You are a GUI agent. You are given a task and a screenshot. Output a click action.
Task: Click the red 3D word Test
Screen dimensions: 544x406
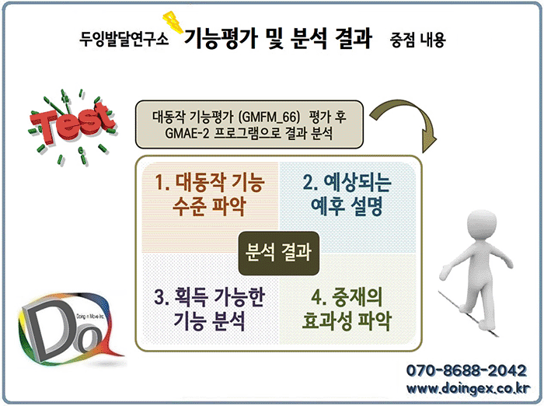pos(71,123)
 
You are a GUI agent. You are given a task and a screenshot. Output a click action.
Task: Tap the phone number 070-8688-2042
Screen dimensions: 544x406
pos(466,370)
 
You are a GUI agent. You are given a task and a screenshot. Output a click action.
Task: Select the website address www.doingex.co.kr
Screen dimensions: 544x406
pos(468,388)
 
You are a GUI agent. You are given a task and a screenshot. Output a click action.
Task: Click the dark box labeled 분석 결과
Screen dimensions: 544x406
pos(278,254)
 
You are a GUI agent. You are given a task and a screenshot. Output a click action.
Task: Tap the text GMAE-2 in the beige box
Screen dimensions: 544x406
pos(187,133)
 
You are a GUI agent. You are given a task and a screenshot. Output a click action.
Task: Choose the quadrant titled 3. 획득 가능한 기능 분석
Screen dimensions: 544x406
pos(210,299)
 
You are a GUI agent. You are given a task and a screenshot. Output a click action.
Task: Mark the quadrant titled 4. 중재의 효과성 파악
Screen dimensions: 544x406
pos(347,299)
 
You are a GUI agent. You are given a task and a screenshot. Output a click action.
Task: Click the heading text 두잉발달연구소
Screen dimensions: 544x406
pos(124,39)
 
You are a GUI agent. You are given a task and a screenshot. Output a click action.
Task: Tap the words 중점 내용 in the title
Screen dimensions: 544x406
pos(417,40)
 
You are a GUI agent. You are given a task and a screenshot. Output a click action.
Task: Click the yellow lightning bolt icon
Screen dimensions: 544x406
pos(173,22)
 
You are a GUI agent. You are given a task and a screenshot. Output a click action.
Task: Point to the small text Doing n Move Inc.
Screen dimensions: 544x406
pos(90,317)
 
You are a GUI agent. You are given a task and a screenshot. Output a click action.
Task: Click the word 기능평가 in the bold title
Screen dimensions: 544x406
pos(221,37)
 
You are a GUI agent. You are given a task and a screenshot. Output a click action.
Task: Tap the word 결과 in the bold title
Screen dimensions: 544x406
pos(354,37)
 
